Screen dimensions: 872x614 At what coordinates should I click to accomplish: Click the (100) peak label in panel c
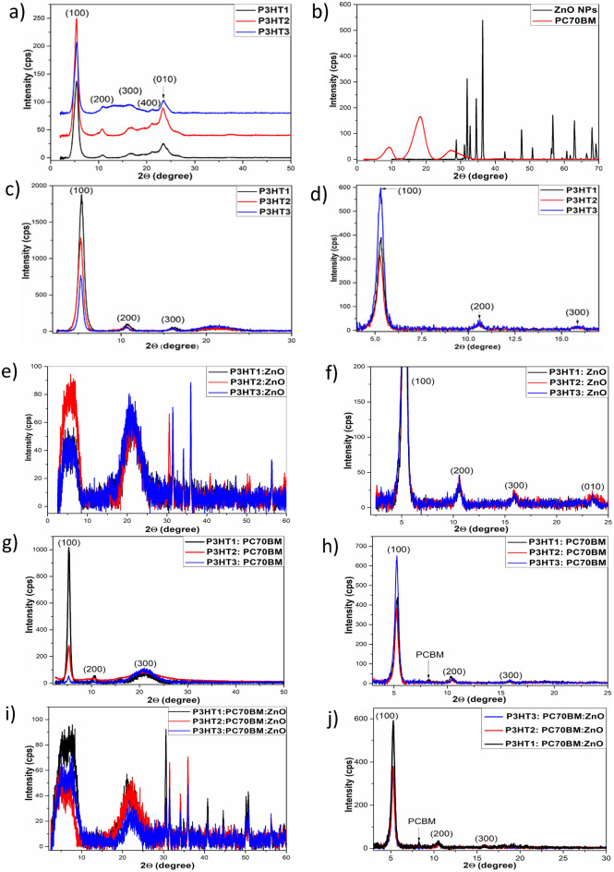pyautogui.click(x=81, y=188)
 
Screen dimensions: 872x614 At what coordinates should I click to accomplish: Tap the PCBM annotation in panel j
pyautogui.click(x=422, y=815)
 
